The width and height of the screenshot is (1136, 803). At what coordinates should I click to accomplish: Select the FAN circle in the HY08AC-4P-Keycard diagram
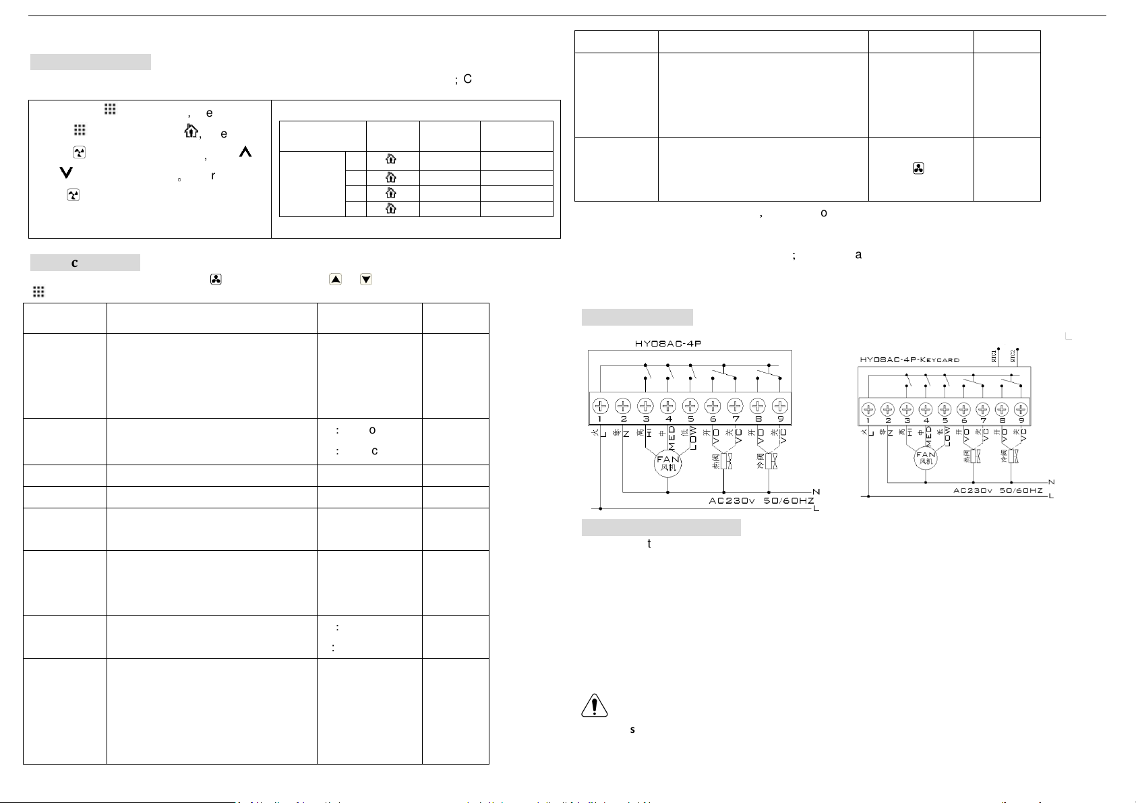tap(926, 458)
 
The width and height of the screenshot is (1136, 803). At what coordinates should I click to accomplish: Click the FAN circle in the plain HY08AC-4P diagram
tap(668, 464)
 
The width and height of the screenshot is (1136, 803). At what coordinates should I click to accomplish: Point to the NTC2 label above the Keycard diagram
tap(1013, 357)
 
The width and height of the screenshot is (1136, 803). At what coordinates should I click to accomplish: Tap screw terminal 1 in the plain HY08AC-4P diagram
tap(601, 406)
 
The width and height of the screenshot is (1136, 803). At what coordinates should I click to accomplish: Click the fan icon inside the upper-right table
tap(918, 169)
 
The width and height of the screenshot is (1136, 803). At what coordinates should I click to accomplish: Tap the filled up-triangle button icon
tap(335, 278)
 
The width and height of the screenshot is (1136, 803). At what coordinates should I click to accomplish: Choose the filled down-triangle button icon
tap(366, 278)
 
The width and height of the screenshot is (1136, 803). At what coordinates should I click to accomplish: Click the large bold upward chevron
tap(245, 153)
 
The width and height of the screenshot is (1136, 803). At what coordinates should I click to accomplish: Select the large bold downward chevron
tap(65, 173)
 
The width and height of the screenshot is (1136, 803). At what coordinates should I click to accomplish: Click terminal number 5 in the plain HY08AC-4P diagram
tap(690, 419)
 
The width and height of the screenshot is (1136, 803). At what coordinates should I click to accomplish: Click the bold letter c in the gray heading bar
tap(75, 263)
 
